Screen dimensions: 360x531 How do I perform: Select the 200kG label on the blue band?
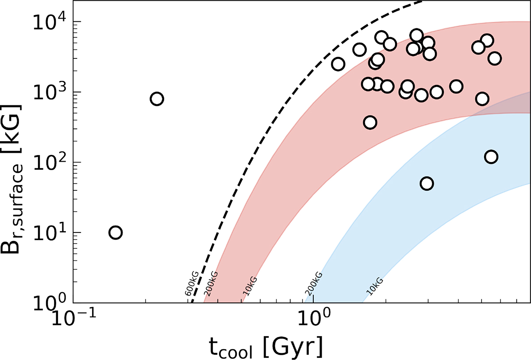[x=313, y=283]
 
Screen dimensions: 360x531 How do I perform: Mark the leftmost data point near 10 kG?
[x=115, y=232]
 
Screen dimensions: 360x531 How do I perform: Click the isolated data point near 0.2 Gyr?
[x=157, y=99]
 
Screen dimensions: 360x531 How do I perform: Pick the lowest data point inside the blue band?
[x=427, y=183]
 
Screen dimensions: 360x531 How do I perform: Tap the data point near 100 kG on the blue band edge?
[x=491, y=156]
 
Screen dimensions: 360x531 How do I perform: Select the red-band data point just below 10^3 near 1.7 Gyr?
[x=370, y=122]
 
